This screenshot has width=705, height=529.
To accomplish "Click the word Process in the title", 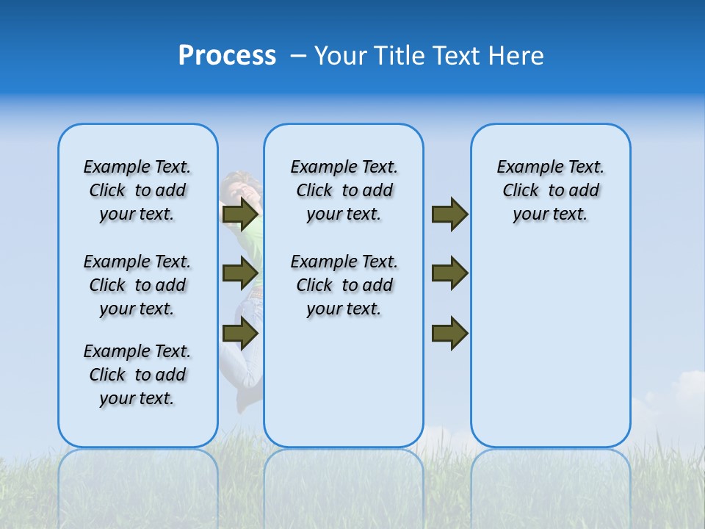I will click(227, 56).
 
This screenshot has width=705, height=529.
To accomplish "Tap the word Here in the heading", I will click(516, 56).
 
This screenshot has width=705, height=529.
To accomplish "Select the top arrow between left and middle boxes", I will click(240, 215).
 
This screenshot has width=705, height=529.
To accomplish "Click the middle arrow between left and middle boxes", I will click(240, 273).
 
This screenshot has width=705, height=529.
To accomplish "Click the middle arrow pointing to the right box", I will click(449, 273).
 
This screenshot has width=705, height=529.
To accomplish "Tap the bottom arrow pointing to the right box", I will click(449, 333).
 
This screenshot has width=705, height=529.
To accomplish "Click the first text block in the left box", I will click(137, 190).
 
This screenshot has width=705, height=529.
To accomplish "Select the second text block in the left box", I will click(137, 285).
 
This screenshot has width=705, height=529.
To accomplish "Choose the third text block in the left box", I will click(137, 375).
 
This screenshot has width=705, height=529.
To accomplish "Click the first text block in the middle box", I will click(344, 190).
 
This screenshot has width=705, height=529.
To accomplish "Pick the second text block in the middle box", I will click(344, 285).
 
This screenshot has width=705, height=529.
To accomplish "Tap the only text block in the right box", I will click(550, 190).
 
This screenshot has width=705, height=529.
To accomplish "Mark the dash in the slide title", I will click(298, 56).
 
